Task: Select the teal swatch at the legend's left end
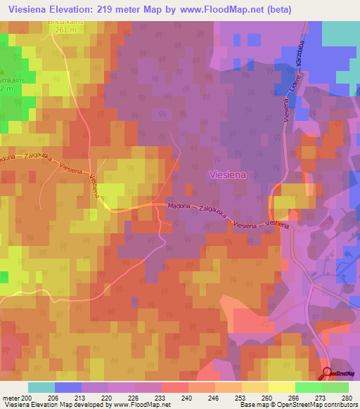click(x=41, y=387)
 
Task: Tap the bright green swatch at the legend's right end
click(x=335, y=387)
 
